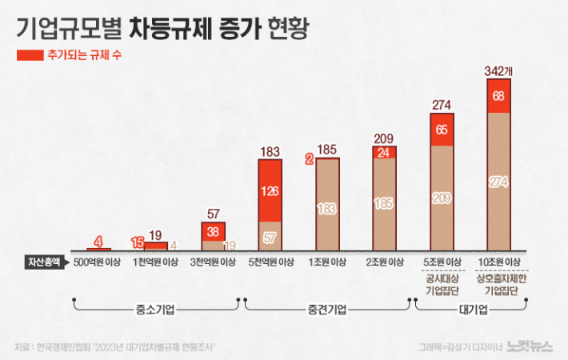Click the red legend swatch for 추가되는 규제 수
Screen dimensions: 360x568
[x=30, y=56]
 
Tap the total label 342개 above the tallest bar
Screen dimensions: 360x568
[x=498, y=71]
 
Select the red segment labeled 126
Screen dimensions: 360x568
[x=270, y=191]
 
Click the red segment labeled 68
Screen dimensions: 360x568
[x=498, y=96]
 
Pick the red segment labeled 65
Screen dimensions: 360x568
[x=442, y=129]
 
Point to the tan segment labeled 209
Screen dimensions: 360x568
[x=442, y=198]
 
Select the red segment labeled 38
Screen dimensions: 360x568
[x=213, y=231]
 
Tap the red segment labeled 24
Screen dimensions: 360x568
[x=384, y=152]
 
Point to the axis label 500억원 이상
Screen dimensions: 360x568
[x=98, y=262]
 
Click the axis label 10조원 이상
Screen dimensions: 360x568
[x=498, y=262]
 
